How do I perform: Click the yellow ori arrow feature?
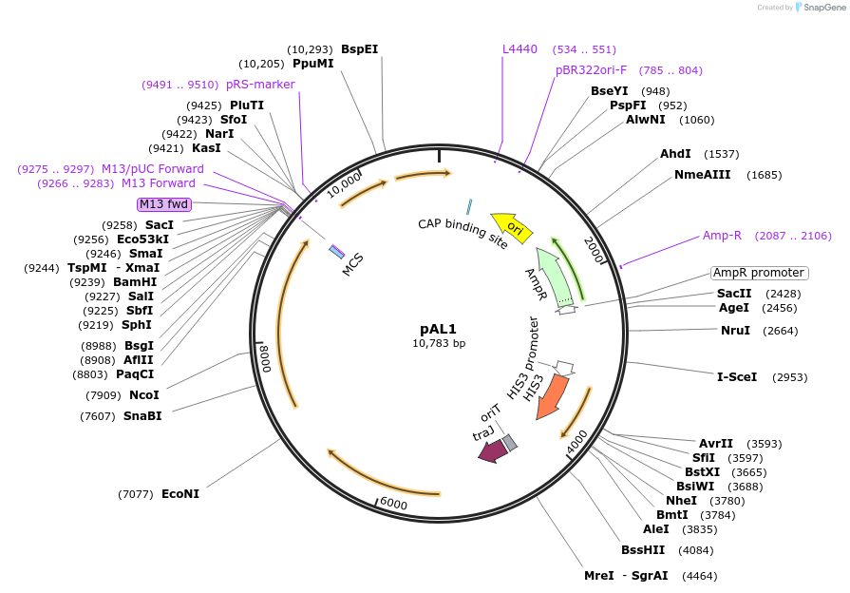coord(511,227)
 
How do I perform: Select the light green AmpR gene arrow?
coord(555,276)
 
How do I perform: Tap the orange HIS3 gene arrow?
coord(552,396)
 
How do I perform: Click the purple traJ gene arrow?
coord(492,451)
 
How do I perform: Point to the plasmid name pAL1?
coord(439,328)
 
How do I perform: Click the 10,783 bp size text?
coord(439,343)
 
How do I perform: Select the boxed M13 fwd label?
coord(163,203)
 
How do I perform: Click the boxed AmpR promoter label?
coord(759,273)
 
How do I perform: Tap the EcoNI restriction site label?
coord(180,493)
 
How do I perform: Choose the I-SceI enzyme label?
coord(736,376)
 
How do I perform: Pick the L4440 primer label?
coord(519,48)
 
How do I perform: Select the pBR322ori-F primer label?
coord(591,69)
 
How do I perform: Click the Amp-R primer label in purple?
coord(722,235)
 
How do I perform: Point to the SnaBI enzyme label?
coord(142,415)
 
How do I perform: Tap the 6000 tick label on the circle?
coord(393,504)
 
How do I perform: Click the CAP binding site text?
coord(463,233)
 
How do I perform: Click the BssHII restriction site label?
coord(643,549)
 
